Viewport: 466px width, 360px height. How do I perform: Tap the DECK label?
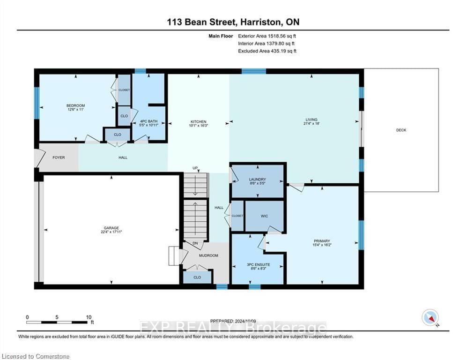click(x=401, y=130)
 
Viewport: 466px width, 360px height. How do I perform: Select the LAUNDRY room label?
click(x=258, y=179)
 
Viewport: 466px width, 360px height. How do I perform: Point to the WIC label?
click(x=264, y=216)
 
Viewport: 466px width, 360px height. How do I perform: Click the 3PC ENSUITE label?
click(x=258, y=265)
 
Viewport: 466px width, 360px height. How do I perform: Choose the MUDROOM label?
click(x=208, y=255)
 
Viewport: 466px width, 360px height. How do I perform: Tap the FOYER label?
click(x=58, y=157)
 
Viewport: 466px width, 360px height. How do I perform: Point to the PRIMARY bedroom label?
click(x=322, y=240)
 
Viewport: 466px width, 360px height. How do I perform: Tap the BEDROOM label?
click(x=75, y=105)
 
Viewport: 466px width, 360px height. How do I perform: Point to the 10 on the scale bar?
click(x=88, y=317)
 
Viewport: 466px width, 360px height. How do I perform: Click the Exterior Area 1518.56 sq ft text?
click(x=267, y=36)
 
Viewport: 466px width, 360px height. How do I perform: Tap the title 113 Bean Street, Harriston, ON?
click(x=233, y=22)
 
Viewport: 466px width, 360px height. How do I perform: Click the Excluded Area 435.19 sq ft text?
click(x=267, y=51)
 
